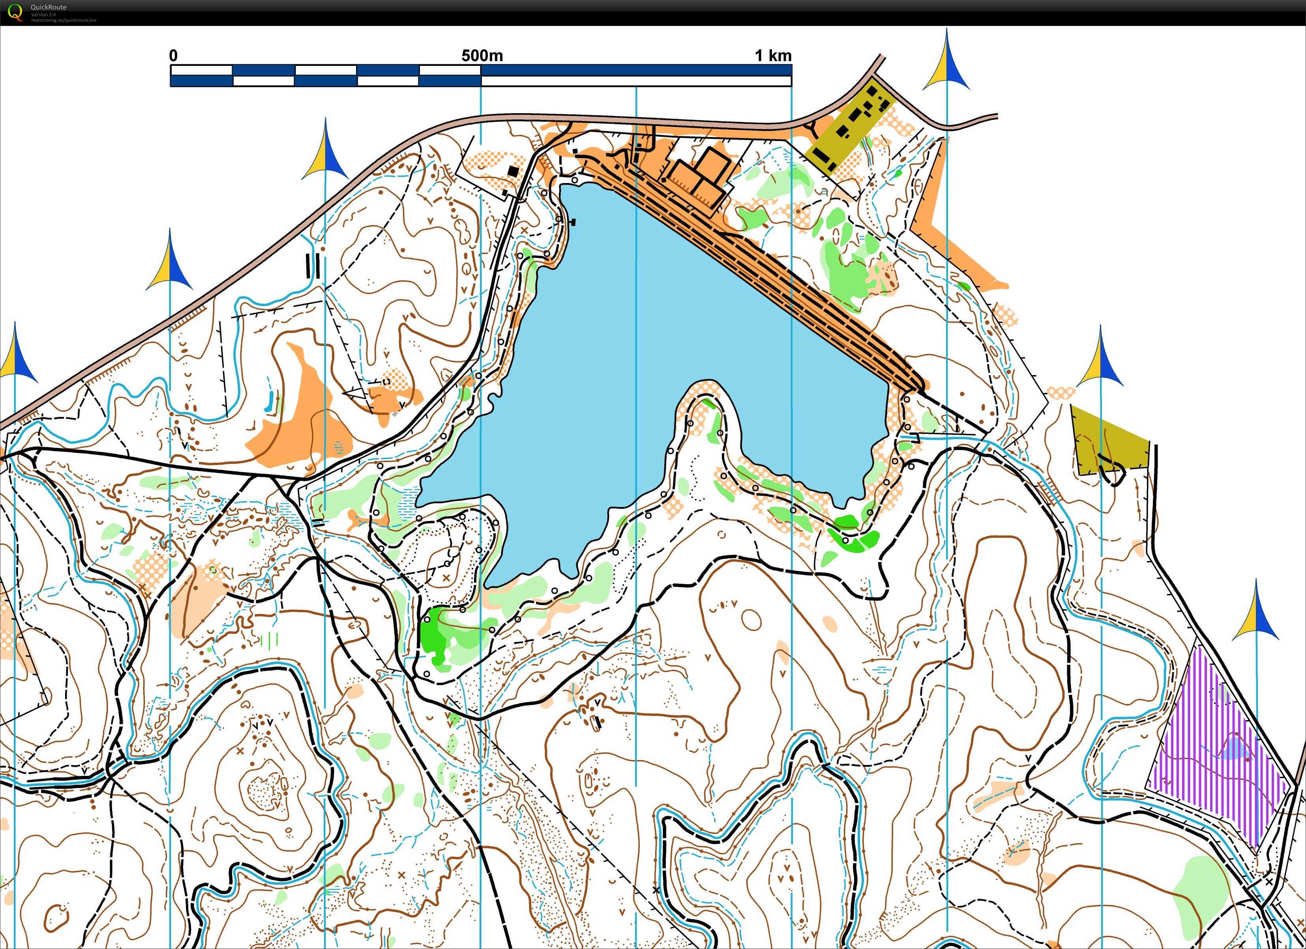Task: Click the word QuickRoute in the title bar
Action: coord(49,7)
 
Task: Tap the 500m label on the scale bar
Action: coord(482,56)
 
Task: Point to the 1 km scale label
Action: coord(773,56)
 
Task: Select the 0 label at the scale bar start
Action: coord(173,56)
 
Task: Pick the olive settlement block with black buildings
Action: coord(849,129)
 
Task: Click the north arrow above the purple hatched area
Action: coord(1256,613)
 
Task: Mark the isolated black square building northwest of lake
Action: coord(513,171)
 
